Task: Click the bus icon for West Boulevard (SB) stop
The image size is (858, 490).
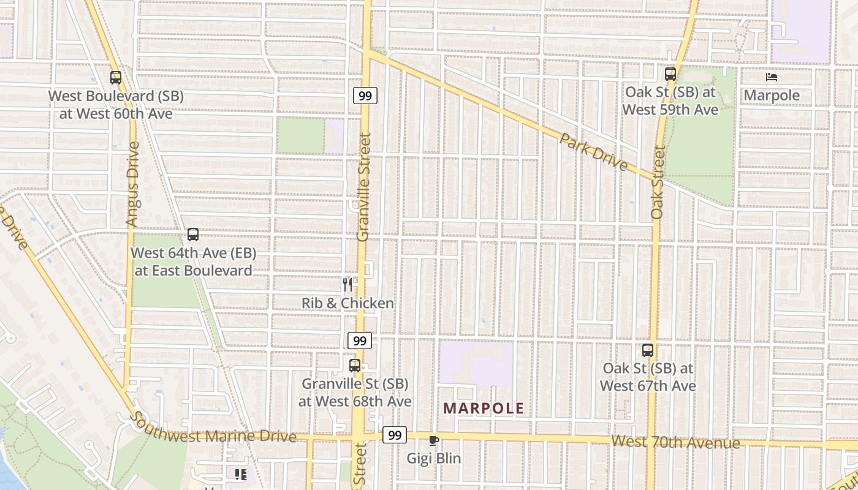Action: (116, 78)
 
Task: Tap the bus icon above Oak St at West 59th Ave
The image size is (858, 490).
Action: (670, 74)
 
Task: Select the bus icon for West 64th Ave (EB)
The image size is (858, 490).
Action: (193, 235)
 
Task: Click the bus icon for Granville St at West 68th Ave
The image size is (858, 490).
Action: (355, 366)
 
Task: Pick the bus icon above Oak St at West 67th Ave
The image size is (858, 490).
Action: (648, 350)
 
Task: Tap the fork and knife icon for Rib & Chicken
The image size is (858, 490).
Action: (347, 284)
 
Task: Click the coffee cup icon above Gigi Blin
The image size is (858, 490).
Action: (434, 440)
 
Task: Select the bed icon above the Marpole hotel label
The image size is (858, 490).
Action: (772, 77)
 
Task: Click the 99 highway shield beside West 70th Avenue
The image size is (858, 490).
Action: (395, 435)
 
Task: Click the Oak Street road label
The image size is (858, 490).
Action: (658, 182)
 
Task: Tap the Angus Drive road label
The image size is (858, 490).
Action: (132, 184)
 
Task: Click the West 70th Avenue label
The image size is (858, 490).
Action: (675, 442)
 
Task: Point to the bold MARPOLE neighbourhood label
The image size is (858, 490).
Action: (484, 409)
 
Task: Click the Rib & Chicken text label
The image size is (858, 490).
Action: (347, 303)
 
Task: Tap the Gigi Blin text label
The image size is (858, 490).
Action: (434, 458)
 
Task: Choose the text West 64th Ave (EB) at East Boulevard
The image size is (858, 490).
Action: (193, 262)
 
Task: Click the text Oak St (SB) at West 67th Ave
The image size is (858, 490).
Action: (648, 377)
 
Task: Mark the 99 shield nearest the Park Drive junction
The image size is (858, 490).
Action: (365, 96)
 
